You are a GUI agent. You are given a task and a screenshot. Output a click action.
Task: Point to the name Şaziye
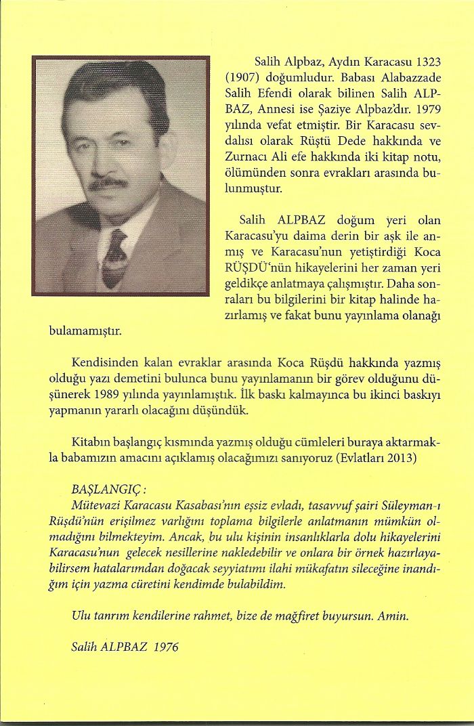[327, 107]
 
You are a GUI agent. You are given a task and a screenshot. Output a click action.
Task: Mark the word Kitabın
[91, 442]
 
